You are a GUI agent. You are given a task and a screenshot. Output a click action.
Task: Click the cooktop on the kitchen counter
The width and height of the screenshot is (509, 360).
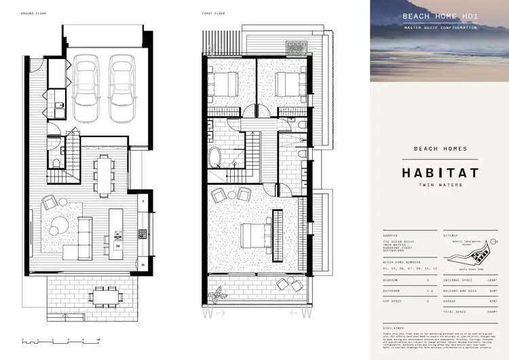pos(142,233)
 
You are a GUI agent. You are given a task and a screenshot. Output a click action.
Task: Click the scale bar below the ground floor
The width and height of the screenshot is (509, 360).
pos(58,339)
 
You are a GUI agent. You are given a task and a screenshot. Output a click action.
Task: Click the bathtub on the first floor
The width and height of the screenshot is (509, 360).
pos(215,157)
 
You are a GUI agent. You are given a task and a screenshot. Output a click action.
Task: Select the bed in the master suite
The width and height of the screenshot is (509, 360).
pos(248,235)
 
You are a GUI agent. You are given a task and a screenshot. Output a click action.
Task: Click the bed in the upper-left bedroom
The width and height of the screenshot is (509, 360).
pos(223,86)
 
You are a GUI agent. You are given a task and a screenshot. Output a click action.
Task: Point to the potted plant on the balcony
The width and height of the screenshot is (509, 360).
pos(219,294)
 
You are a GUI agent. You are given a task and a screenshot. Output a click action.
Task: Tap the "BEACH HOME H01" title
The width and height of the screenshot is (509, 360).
pos(439,16)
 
